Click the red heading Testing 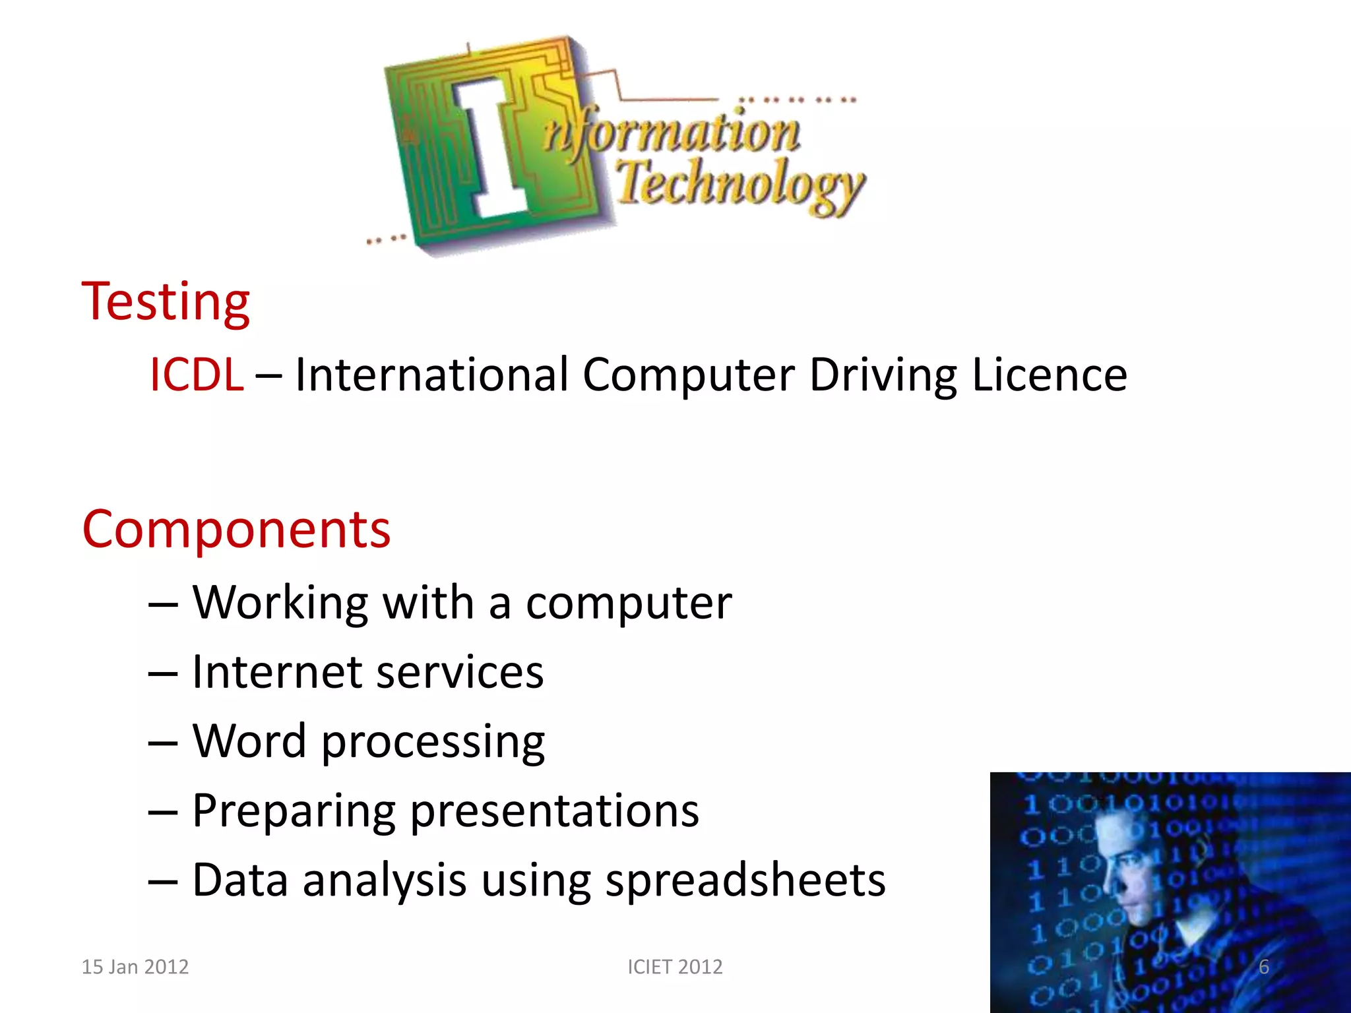tap(166, 301)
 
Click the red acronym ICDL tap(197, 375)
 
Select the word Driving tap(883, 375)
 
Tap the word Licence tap(1050, 375)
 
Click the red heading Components tap(236, 529)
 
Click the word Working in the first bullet tap(280, 603)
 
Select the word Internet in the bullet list tap(276, 672)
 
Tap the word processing tap(433, 742)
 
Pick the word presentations tap(554, 811)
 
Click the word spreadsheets tap(745, 880)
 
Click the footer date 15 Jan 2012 tap(135, 967)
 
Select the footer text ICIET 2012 tap(675, 967)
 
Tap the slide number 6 tap(1264, 967)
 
